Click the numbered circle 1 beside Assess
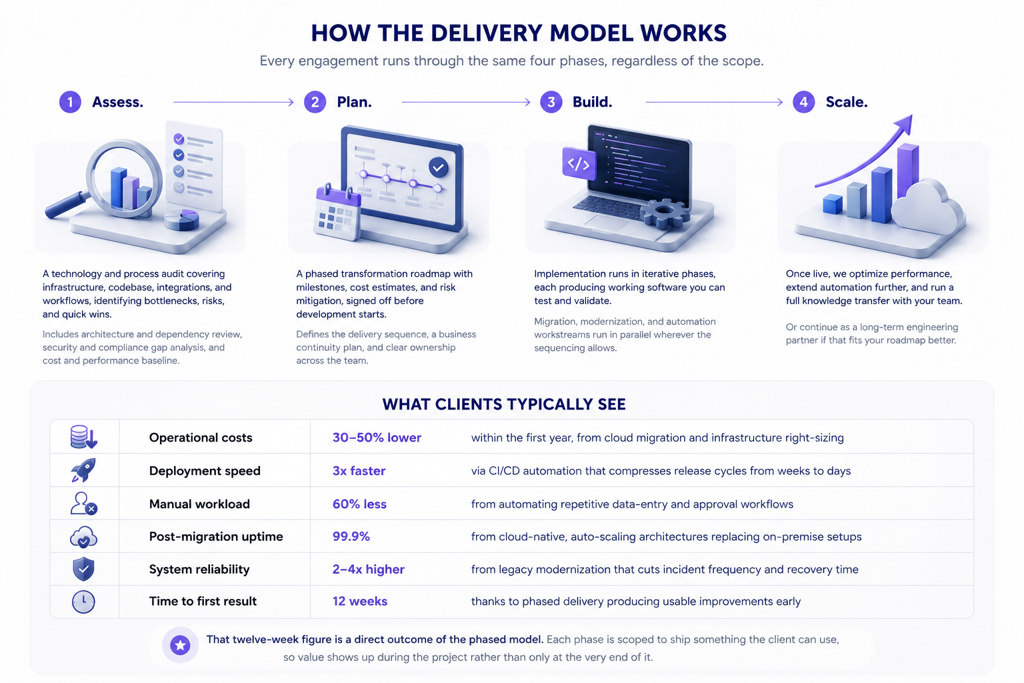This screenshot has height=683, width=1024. click(70, 102)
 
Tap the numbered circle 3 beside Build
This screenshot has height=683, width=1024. click(551, 102)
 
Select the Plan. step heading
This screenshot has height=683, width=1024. click(354, 102)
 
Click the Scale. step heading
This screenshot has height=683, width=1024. click(847, 102)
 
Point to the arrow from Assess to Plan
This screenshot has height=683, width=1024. click(233, 102)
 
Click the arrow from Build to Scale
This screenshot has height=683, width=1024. click(714, 102)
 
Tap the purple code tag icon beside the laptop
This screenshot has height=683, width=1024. click(579, 164)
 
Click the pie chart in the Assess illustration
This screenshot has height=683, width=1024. click(181, 219)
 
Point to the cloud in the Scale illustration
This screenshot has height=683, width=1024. click(927, 206)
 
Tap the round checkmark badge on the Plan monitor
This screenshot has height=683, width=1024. click(439, 167)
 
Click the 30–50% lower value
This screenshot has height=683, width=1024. click(377, 438)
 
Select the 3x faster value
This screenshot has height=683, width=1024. click(359, 471)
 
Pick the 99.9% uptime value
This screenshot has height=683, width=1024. click(351, 536)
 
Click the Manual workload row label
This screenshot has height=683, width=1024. click(199, 504)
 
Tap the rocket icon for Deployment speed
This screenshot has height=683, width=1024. click(83, 470)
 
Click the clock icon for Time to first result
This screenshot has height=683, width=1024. click(83, 602)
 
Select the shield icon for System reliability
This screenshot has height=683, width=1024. click(83, 569)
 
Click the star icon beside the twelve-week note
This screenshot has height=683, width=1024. click(180, 645)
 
